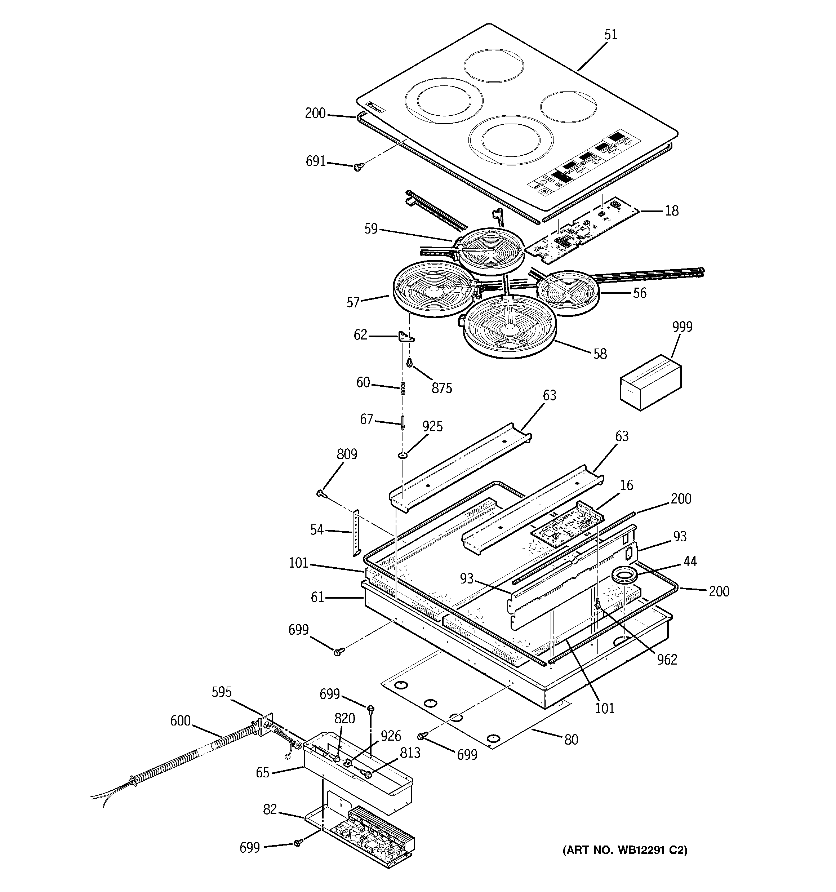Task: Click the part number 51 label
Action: coord(611,35)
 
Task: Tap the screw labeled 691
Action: coord(358,167)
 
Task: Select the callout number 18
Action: coord(671,210)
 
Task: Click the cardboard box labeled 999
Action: coord(650,382)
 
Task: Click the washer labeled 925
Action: coord(403,456)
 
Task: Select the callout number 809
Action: coord(347,454)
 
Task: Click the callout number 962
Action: coord(667,659)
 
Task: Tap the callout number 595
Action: coord(222,692)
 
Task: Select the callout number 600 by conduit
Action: coord(181,721)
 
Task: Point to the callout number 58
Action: coord(600,354)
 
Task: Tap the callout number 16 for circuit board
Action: coord(626,485)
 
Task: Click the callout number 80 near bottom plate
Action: coord(571,740)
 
